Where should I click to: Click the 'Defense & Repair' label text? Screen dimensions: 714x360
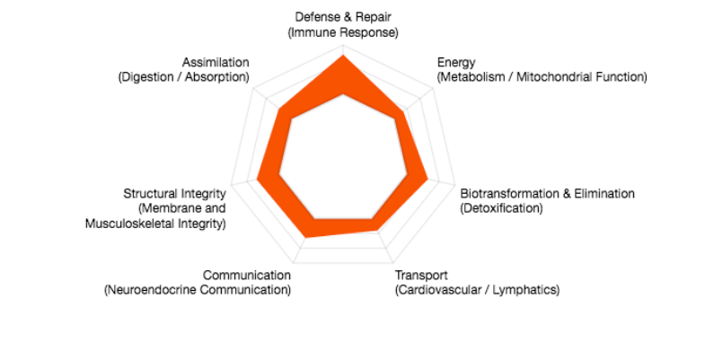click(x=343, y=17)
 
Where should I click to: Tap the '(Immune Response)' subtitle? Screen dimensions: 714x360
click(x=343, y=33)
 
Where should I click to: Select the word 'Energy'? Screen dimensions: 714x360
click(x=456, y=63)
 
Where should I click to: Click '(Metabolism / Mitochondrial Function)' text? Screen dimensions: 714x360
click(x=542, y=77)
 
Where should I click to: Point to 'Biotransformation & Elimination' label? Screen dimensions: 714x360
click(x=547, y=193)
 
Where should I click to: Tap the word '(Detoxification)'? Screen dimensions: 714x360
click(x=501, y=208)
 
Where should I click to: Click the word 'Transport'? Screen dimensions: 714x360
click(x=421, y=276)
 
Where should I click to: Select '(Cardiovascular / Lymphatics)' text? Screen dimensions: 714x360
click(x=477, y=289)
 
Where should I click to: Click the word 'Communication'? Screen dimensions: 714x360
click(x=247, y=276)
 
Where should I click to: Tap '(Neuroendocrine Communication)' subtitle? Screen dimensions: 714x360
click(x=198, y=289)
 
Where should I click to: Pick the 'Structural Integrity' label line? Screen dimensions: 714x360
click(x=174, y=194)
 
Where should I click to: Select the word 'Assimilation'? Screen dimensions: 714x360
click(x=216, y=62)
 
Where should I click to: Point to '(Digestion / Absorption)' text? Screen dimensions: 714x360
click(x=183, y=77)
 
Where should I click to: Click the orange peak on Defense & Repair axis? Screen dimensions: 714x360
click(x=343, y=55)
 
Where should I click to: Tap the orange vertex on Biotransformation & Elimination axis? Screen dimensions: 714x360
click(x=428, y=180)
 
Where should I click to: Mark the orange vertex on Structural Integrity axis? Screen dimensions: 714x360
click(x=257, y=179)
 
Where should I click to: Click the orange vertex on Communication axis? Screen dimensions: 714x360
click(x=306, y=238)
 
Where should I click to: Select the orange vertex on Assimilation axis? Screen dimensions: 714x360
click(x=279, y=109)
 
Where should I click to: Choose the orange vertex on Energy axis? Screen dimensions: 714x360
click(x=403, y=111)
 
